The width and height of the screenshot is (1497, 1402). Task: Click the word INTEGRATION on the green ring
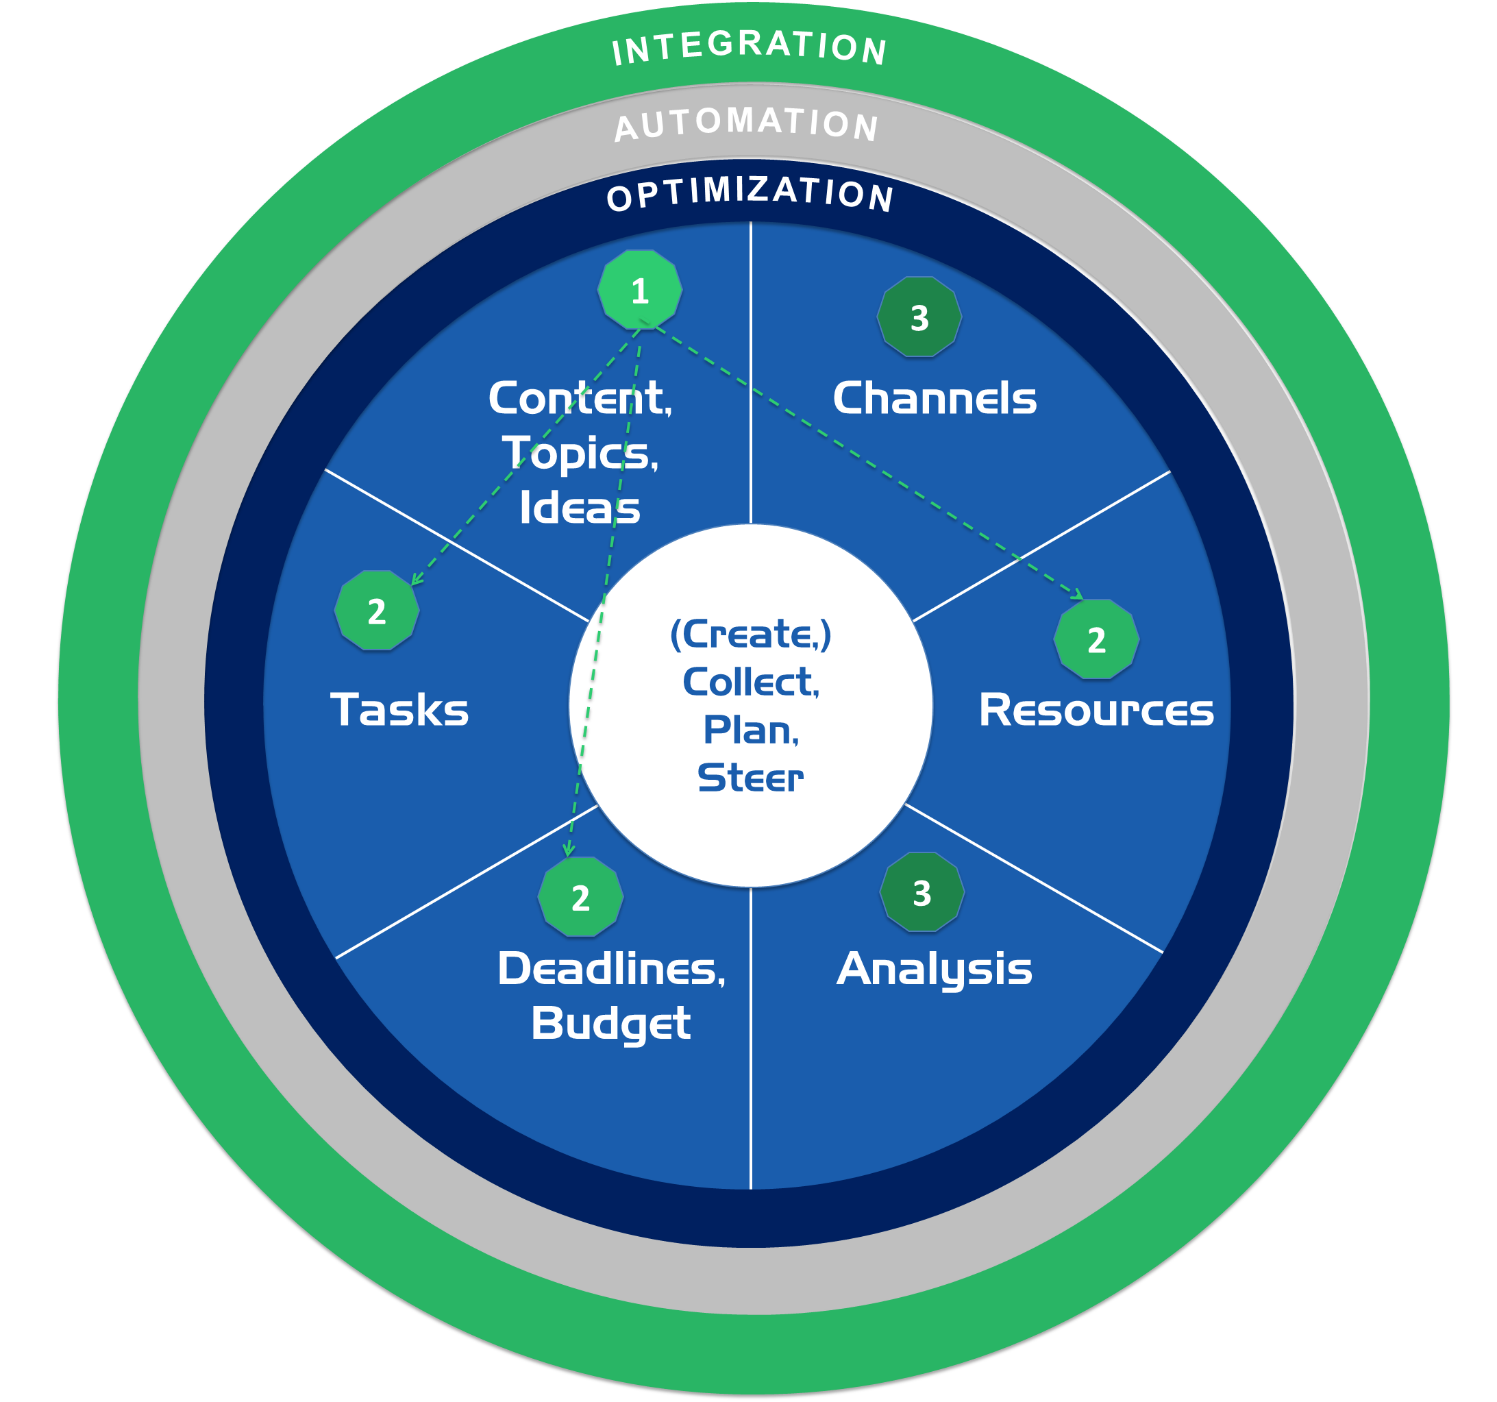point(750,47)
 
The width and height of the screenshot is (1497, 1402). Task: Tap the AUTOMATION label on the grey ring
point(746,123)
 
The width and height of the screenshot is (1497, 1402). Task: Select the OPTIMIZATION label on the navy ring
point(750,193)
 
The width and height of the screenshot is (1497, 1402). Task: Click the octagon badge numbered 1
point(639,290)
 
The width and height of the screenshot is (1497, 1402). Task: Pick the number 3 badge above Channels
point(919,317)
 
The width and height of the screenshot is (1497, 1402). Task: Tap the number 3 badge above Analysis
point(921,892)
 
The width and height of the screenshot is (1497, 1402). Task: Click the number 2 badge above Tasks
point(377,611)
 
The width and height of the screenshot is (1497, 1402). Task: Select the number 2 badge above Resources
point(1096,639)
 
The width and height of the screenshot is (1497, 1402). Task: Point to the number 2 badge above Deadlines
point(580,897)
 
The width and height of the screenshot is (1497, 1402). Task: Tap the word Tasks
point(399,710)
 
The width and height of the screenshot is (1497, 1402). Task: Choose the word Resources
point(1096,710)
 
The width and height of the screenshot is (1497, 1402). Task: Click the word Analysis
point(934,970)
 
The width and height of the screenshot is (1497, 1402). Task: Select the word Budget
point(610,1023)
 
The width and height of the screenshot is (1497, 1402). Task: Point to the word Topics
point(580,453)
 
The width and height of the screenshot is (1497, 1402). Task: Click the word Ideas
point(580,508)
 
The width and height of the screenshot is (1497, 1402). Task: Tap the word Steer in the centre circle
point(750,778)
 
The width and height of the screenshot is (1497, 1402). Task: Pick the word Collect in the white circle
point(750,682)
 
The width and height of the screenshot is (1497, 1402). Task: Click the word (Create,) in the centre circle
point(750,634)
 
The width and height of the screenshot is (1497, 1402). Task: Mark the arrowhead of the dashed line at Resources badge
point(1079,595)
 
